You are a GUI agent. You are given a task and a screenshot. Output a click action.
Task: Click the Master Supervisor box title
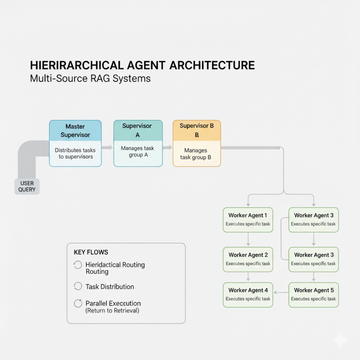tap(75, 131)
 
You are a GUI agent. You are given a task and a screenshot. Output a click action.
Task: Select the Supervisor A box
tap(138, 143)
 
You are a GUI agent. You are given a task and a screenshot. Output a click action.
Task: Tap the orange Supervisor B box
tap(197, 143)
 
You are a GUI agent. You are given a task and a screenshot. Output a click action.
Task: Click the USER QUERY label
tap(27, 187)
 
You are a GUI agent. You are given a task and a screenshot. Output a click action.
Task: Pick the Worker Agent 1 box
tap(248, 220)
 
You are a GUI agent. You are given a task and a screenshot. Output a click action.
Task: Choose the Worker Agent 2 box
tap(248, 259)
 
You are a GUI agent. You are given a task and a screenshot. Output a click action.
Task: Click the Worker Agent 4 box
tap(248, 295)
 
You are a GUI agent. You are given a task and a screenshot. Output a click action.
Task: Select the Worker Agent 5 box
tap(313, 295)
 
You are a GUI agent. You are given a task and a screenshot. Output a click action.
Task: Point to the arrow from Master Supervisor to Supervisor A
tap(108, 147)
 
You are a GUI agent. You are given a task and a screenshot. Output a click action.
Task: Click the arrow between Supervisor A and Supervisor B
tap(168, 147)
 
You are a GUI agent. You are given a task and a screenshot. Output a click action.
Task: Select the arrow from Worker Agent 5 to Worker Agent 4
tap(281, 293)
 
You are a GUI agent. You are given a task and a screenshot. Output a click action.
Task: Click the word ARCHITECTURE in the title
tap(212, 65)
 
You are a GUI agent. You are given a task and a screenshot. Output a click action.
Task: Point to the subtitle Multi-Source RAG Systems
tap(90, 78)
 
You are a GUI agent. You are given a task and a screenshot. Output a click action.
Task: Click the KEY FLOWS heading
tap(91, 252)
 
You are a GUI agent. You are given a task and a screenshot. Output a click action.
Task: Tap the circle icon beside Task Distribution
tap(78, 286)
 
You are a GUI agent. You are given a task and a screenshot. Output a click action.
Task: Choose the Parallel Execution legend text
tap(113, 303)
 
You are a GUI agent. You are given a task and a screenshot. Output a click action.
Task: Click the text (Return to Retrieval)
tap(112, 310)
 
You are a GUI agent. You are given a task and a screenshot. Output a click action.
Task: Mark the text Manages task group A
tap(137, 152)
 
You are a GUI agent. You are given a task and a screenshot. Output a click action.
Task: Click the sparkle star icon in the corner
tap(340, 340)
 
